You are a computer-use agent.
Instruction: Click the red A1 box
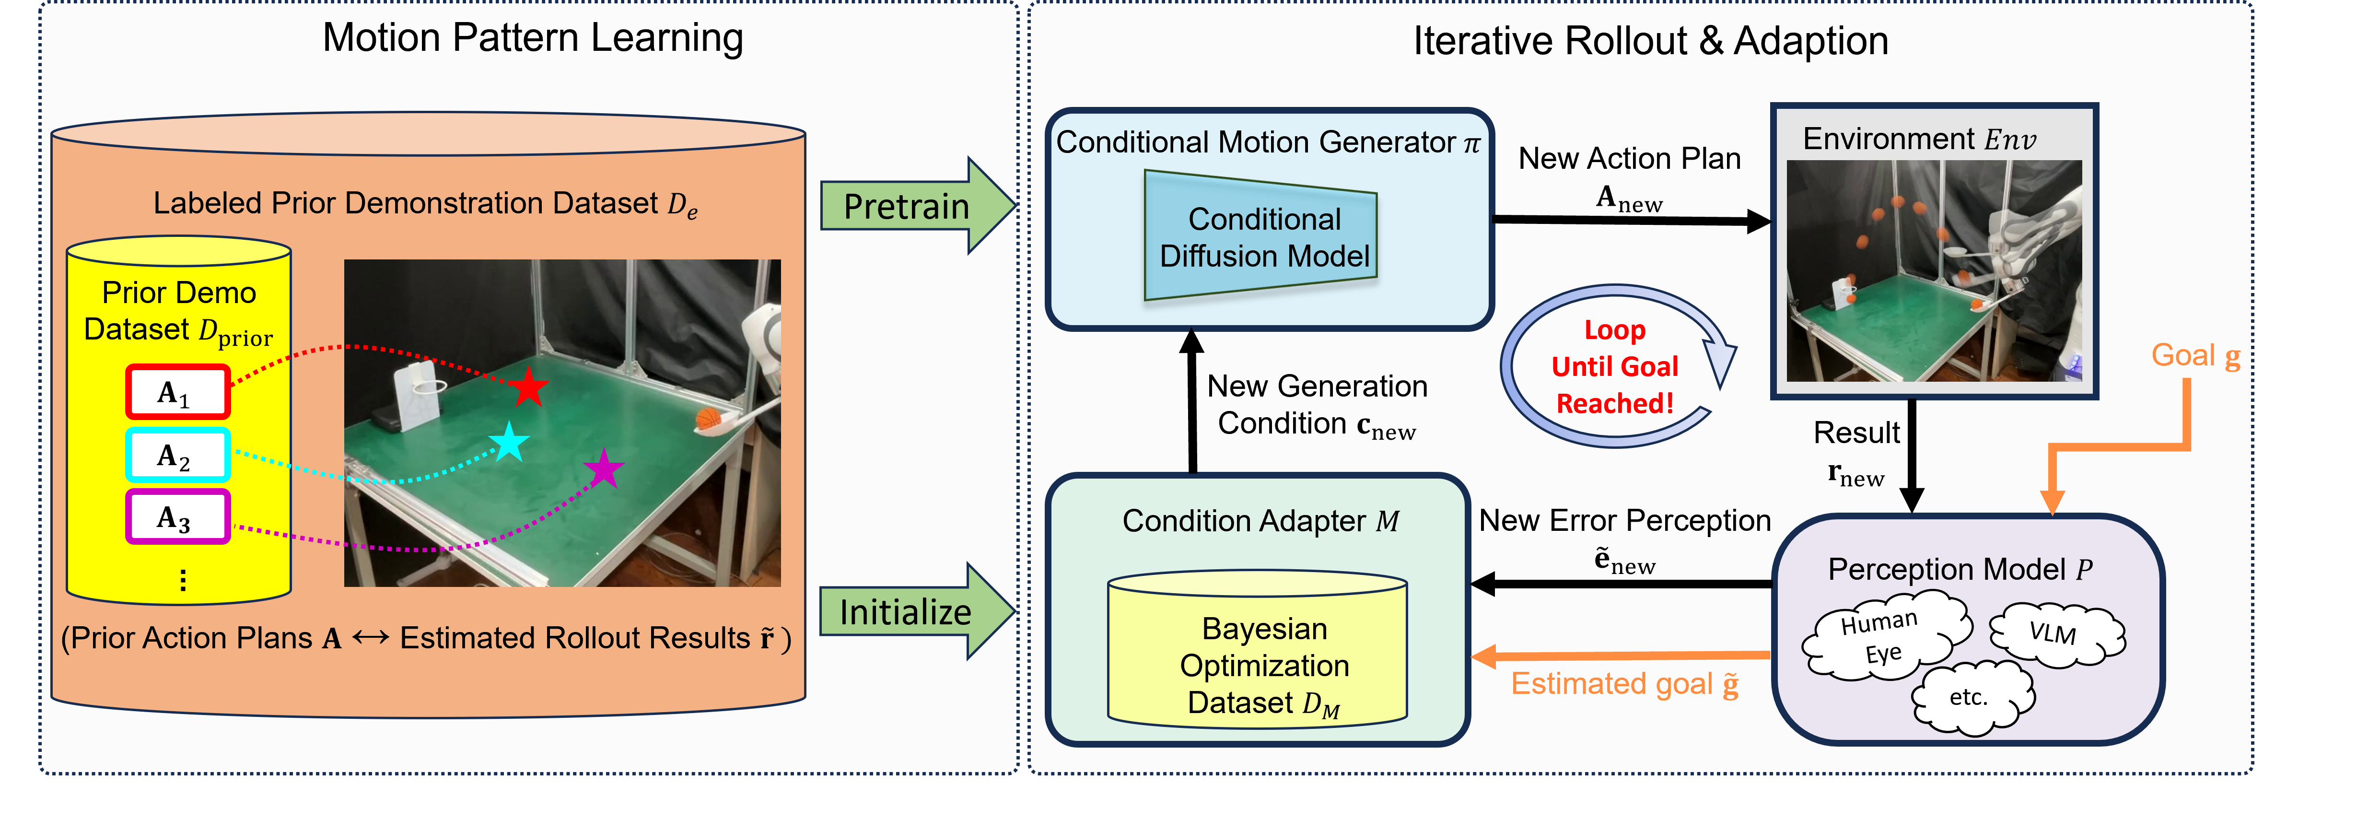coord(177,393)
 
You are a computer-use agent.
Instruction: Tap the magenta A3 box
coord(177,517)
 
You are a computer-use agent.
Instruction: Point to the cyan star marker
coord(509,443)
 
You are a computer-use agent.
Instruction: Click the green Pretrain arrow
coord(915,206)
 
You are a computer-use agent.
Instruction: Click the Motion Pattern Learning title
coord(533,38)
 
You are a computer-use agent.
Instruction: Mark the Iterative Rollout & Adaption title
coord(1651,41)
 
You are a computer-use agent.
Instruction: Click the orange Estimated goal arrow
coord(1620,655)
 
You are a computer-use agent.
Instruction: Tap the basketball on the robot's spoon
coord(707,419)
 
